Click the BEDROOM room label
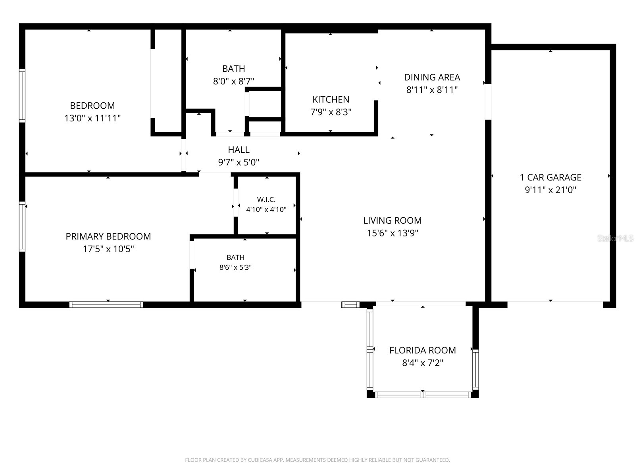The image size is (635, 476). click(92, 106)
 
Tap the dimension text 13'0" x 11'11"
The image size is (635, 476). click(92, 118)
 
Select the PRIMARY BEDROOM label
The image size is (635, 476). click(108, 236)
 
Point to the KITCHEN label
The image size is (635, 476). click(331, 100)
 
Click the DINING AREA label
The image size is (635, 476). click(432, 77)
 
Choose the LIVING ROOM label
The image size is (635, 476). click(392, 221)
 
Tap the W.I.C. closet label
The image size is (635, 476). click(266, 200)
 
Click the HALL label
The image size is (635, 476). click(239, 150)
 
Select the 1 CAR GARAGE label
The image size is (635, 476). click(550, 177)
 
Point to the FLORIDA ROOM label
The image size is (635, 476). click(422, 350)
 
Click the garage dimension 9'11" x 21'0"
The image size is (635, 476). click(550, 190)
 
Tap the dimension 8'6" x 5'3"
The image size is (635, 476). click(235, 267)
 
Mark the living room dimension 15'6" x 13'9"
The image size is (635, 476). click(393, 233)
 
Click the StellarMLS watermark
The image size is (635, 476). click(615, 238)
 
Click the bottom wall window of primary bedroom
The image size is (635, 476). click(106, 305)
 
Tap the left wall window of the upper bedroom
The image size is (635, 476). click(22, 96)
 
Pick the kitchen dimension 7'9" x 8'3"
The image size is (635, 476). click(331, 112)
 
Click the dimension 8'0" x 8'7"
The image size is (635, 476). click(233, 81)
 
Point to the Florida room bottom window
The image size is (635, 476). click(423, 395)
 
